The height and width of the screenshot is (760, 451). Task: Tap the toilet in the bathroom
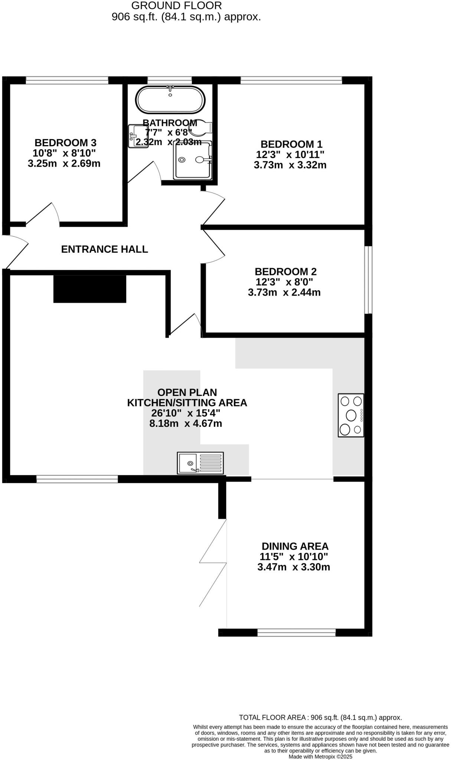(x=201, y=128)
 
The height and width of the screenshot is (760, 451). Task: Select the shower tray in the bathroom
(x=193, y=160)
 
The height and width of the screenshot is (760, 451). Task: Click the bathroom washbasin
(x=137, y=136)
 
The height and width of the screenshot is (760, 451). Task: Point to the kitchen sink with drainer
(x=200, y=463)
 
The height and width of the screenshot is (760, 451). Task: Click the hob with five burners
(x=351, y=415)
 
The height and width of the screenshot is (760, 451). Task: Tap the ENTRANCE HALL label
(x=104, y=249)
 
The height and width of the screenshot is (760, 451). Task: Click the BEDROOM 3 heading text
(x=65, y=142)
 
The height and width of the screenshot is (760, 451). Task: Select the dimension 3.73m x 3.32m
(x=290, y=165)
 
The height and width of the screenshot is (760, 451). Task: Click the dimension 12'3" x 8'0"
(x=284, y=282)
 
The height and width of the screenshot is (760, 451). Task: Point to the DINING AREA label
(x=295, y=546)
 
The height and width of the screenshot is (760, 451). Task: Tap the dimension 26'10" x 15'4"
(x=186, y=413)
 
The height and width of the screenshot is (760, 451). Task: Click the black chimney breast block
(x=90, y=289)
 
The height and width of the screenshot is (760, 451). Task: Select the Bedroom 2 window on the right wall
(x=368, y=280)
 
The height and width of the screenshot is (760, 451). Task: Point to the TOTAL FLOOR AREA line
(x=320, y=717)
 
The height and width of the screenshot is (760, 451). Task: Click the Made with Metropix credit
(x=320, y=756)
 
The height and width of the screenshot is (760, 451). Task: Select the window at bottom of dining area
(x=296, y=632)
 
